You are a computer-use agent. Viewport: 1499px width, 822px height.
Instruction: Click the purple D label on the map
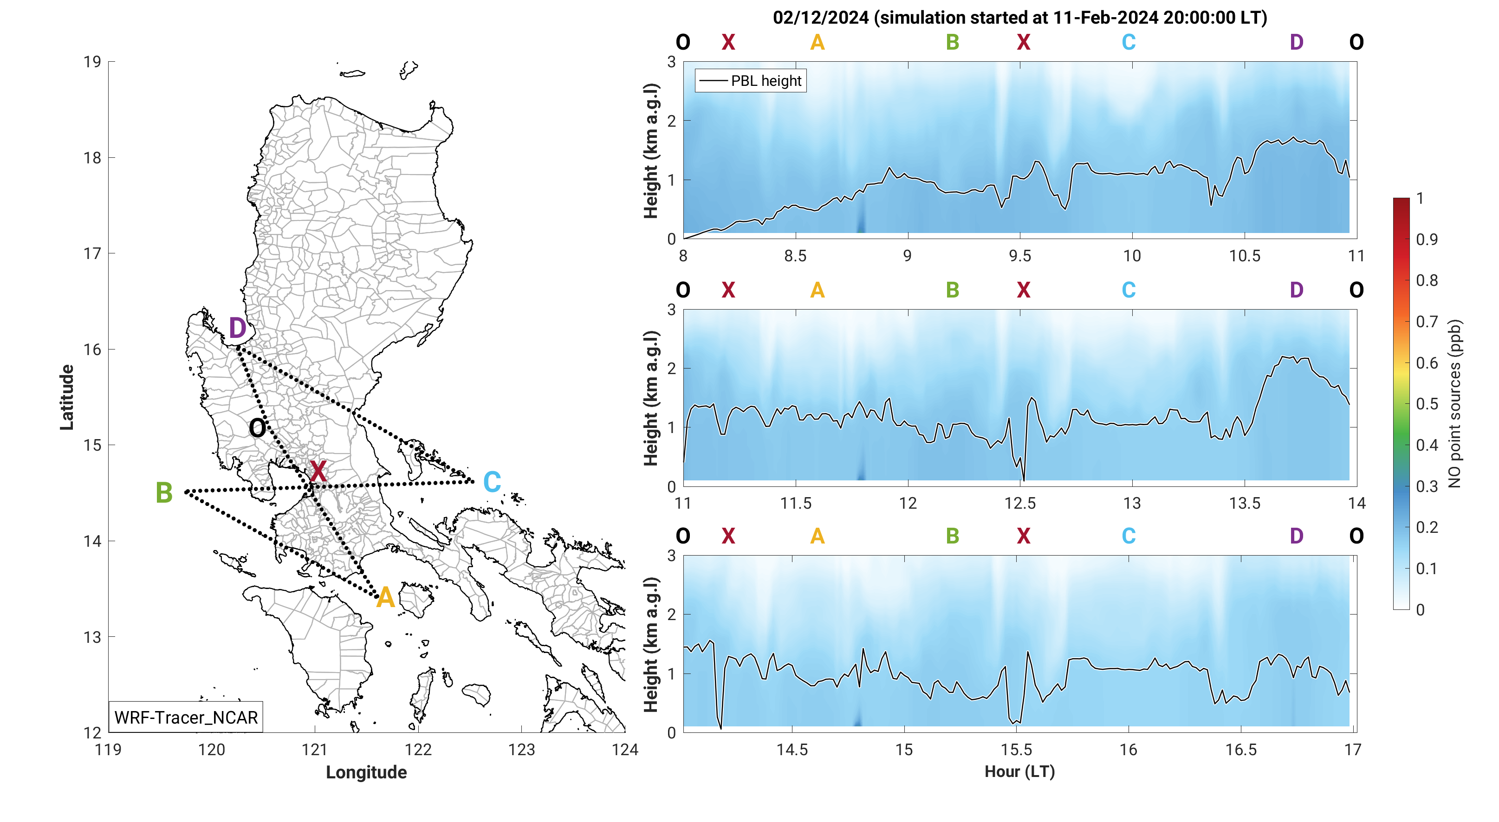tap(237, 329)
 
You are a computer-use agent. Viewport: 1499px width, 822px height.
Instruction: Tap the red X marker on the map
tap(318, 471)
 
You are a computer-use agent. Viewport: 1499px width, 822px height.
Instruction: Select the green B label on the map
tap(164, 493)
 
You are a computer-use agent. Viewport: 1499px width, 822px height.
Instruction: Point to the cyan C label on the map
tap(492, 482)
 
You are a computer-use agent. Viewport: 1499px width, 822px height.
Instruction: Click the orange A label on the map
tap(385, 598)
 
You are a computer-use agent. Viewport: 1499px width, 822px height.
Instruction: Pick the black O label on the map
tap(257, 429)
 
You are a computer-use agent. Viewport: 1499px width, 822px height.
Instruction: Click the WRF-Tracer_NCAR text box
tap(186, 717)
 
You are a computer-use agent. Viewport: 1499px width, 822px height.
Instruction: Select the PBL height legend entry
tap(751, 81)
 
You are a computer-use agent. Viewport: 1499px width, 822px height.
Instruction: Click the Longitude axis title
tap(366, 772)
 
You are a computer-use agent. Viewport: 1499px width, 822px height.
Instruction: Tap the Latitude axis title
tap(67, 397)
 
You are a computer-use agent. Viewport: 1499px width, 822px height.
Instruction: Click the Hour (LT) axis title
tap(1019, 771)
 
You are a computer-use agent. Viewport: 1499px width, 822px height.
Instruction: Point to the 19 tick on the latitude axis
tap(92, 62)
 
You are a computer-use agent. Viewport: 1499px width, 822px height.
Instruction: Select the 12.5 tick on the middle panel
tap(1019, 503)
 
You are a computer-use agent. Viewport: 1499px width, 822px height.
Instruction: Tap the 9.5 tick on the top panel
tap(1019, 256)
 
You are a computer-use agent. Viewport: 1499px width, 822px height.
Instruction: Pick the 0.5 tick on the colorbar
tap(1427, 404)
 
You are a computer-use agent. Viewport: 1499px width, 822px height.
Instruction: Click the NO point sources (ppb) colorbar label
tap(1455, 404)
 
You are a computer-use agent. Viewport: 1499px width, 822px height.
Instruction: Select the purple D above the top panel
tap(1297, 42)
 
